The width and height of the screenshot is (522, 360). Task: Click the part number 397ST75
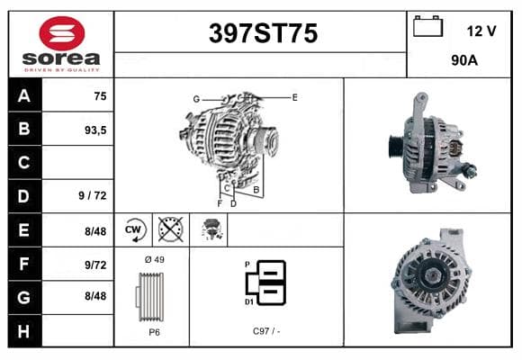click(x=263, y=33)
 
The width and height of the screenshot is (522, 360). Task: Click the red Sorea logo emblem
click(x=62, y=33)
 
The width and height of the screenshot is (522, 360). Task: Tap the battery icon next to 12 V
click(x=427, y=26)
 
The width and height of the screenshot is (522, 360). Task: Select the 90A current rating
click(x=464, y=60)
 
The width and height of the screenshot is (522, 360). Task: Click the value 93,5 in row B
click(x=95, y=130)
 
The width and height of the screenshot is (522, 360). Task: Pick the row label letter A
click(x=24, y=95)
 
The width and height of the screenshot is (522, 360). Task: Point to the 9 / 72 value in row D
click(x=93, y=195)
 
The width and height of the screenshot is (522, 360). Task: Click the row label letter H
click(x=23, y=332)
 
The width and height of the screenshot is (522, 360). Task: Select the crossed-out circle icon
click(x=170, y=229)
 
